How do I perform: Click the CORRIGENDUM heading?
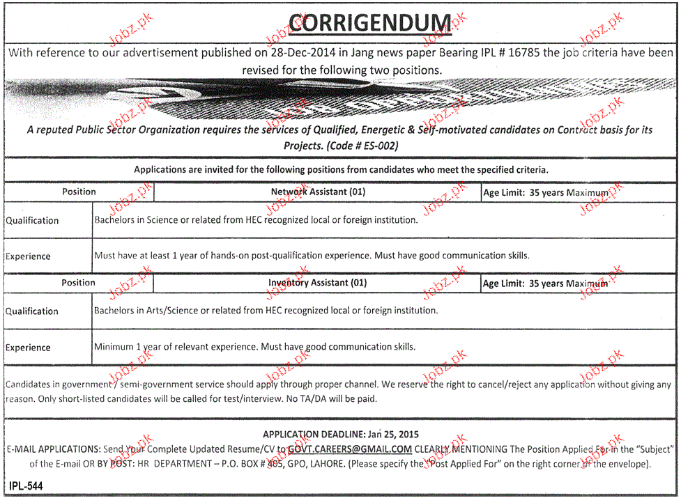click(369, 24)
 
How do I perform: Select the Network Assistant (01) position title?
click(318, 192)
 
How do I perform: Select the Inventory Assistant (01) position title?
click(317, 283)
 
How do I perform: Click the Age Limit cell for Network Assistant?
click(545, 193)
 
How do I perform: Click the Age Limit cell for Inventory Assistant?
click(545, 283)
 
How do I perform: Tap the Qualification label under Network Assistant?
click(32, 221)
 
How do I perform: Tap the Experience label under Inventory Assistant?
click(28, 348)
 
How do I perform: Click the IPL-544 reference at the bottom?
click(26, 485)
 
